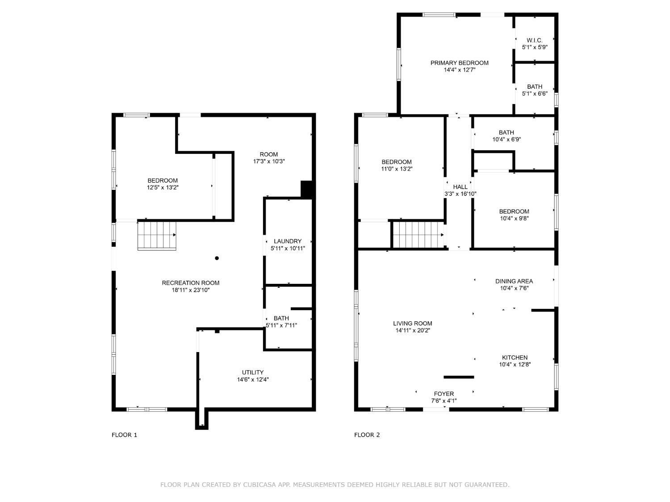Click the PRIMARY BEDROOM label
coord(459,63)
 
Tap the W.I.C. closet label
coord(535,40)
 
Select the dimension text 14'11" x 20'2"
coord(413,330)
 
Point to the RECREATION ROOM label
coord(190,283)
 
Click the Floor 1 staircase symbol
coord(157,236)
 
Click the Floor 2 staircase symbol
coord(418,235)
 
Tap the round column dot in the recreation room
coord(217,258)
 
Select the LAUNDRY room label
coord(288,241)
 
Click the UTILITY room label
coord(252,372)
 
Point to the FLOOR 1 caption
coord(124,435)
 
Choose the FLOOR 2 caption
coord(367,435)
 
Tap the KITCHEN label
coord(515,357)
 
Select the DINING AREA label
coord(514,281)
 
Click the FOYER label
coord(444,394)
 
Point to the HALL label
coord(460,187)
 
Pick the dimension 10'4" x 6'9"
coord(507,140)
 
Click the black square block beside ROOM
coord(307,189)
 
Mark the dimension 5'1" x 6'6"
coord(535,94)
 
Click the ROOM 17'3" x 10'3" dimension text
coord(268,161)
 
